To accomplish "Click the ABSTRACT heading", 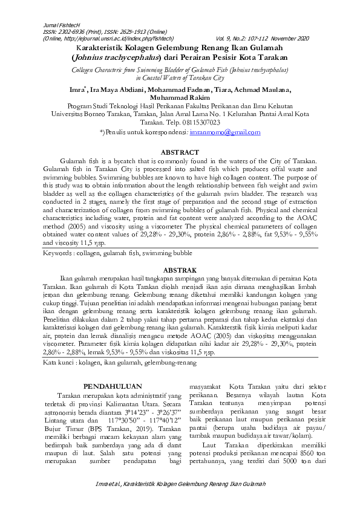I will point(180,152).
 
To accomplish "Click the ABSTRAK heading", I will point(180,268).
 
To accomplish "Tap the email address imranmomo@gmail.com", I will point(225,131).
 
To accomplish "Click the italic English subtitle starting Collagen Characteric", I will point(180,70).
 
